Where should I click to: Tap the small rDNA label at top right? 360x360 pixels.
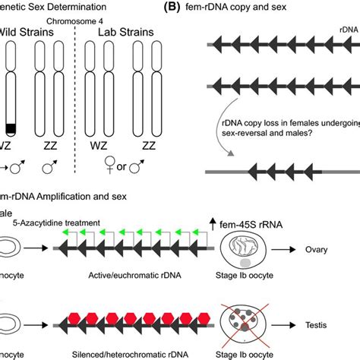[334, 31]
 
